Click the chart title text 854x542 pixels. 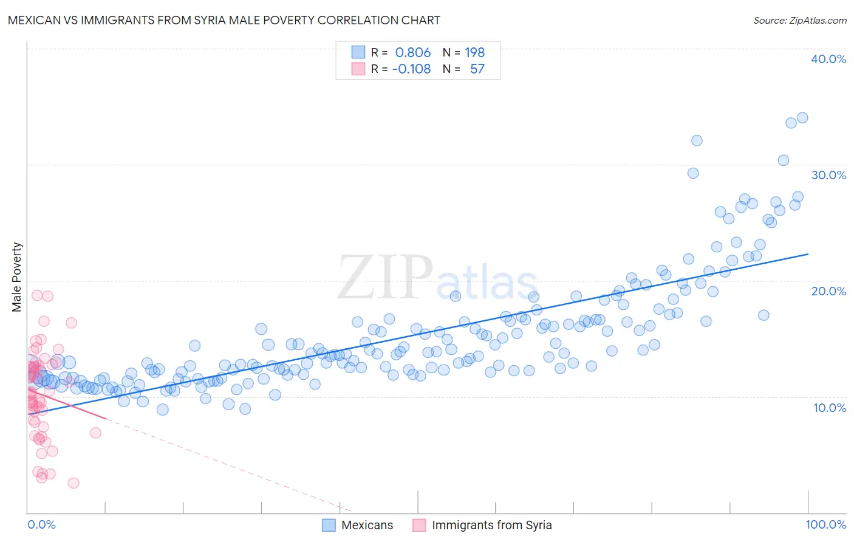224,20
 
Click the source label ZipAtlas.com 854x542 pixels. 799,20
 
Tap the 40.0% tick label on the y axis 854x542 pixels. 828,59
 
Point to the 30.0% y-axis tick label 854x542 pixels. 828,175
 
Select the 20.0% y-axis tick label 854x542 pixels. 828,291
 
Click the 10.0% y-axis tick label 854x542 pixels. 829,408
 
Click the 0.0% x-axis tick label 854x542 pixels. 41,524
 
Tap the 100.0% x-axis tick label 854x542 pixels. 825,524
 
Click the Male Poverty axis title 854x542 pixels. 16,277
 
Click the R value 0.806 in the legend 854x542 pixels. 412,52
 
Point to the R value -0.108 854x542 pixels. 411,69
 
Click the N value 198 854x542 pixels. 475,52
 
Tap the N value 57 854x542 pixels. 477,69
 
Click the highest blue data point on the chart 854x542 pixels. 802,118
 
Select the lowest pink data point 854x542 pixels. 73,483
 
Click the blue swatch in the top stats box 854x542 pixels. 358,52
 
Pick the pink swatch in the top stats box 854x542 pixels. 358,69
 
